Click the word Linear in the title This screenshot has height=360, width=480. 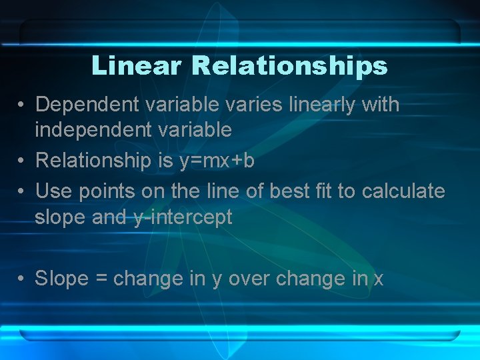136,66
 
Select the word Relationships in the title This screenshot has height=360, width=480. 289,66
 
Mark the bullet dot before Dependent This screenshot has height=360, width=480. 22,105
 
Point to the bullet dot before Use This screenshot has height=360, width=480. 22,192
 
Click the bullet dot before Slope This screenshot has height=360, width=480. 22,279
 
